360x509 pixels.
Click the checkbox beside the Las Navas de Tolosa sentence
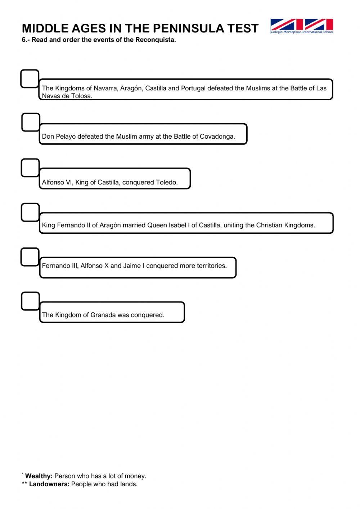point(30,79)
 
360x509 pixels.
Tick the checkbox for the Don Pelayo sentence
point(31,122)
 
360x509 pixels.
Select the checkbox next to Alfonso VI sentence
point(30,168)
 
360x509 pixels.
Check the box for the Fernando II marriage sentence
point(30,213)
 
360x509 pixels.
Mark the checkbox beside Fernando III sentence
point(30,257)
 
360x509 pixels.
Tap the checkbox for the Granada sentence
point(30,301)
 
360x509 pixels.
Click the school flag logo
point(302,26)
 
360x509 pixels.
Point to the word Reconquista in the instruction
point(155,40)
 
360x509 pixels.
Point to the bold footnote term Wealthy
point(39,476)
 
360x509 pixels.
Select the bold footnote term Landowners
point(49,484)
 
